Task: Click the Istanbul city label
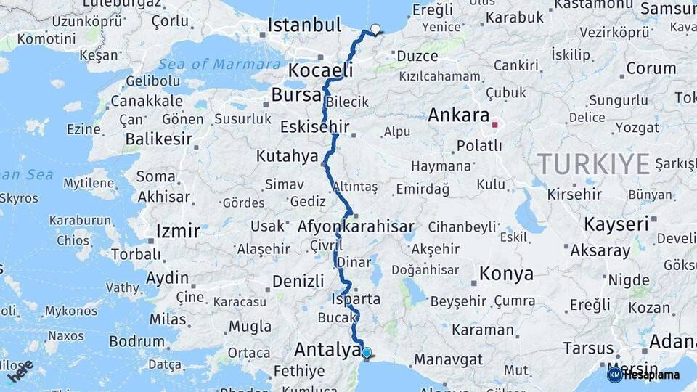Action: coord(303,25)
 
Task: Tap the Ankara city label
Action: coord(458,115)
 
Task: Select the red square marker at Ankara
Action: coord(494,125)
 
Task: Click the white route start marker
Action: coord(375,30)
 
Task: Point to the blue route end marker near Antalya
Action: coord(367,354)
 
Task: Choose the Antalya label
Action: coord(327,350)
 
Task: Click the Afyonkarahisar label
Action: coord(356,226)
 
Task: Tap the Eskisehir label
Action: coord(314,128)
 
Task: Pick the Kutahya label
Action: coord(287,156)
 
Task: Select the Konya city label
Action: coord(506,274)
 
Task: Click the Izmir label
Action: coord(178,232)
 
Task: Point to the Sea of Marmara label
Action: coord(219,64)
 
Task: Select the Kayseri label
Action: coord(616,224)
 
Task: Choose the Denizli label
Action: coord(298,281)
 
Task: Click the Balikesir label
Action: coord(158,139)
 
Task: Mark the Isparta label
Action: coord(355,299)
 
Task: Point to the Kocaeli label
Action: coord(320,70)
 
